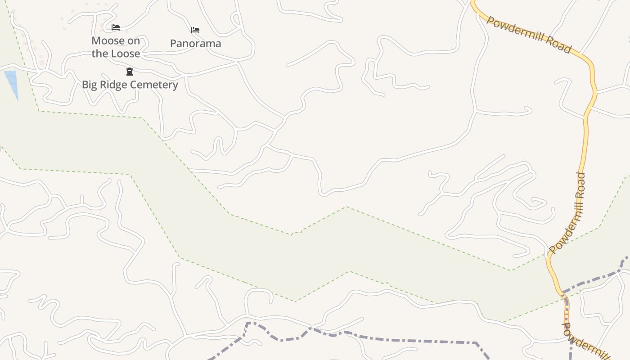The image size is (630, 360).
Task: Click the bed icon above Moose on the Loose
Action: [x=116, y=27]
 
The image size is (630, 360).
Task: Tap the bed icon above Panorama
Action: [x=195, y=30]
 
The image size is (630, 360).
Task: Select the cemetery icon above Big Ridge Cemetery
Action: [x=130, y=72]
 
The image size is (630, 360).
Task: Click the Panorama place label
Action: [x=196, y=44]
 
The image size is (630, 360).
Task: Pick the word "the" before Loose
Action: [x=100, y=54]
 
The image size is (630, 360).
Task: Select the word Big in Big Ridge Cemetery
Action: [x=90, y=85]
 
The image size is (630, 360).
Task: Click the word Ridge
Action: [x=113, y=85]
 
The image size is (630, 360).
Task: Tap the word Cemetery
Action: [x=154, y=85]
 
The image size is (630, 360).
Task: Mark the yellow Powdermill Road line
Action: [x=585, y=135]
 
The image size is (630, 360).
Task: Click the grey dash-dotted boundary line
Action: [x=405, y=340]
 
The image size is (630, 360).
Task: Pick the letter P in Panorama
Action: [x=174, y=44]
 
